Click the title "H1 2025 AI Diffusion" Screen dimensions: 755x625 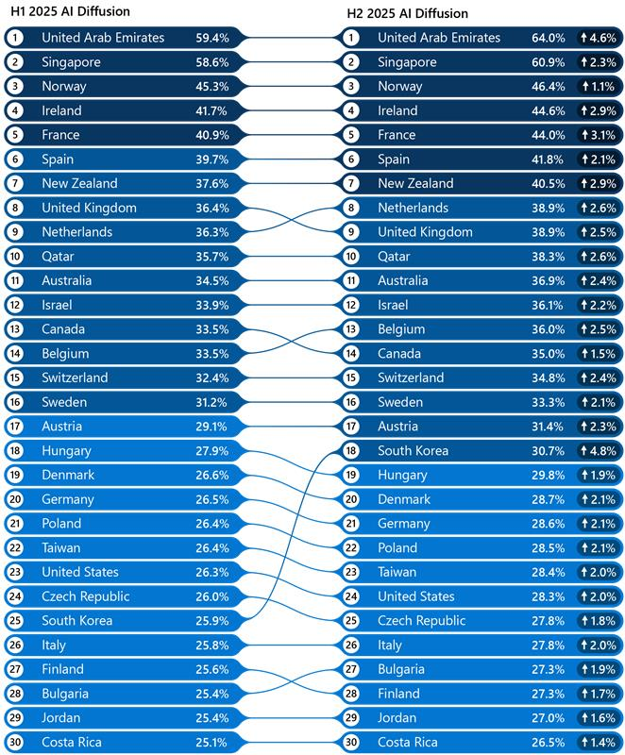(70, 11)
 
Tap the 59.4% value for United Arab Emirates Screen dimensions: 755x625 (211, 38)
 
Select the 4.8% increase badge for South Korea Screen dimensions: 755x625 (597, 451)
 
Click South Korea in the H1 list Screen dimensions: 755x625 (76, 621)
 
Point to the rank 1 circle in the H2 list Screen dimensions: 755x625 (351, 38)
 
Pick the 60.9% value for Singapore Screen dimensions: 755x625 (548, 62)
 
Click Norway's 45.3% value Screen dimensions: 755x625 (211, 87)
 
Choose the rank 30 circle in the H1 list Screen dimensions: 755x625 (15, 743)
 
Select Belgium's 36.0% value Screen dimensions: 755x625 (548, 329)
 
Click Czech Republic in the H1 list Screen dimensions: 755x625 (86, 596)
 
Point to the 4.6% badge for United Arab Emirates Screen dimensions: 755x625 (597, 38)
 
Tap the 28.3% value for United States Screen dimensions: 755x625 (548, 596)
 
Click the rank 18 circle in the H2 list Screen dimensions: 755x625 (351, 451)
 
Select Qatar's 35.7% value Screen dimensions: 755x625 (211, 257)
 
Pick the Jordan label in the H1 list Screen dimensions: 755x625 (61, 718)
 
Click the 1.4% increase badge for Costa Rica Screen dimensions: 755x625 (597, 743)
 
